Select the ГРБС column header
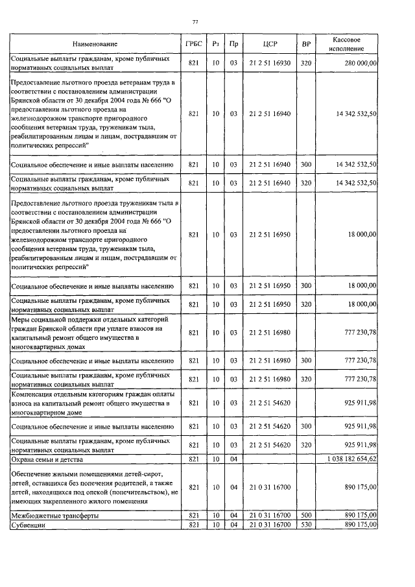click(193, 45)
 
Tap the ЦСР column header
click(270, 45)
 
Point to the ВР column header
click(306, 45)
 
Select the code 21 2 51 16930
click(269, 63)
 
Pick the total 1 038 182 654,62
click(349, 459)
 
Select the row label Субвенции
click(29, 523)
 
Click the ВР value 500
click(306, 514)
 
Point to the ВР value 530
click(306, 523)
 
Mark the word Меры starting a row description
click(22, 320)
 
